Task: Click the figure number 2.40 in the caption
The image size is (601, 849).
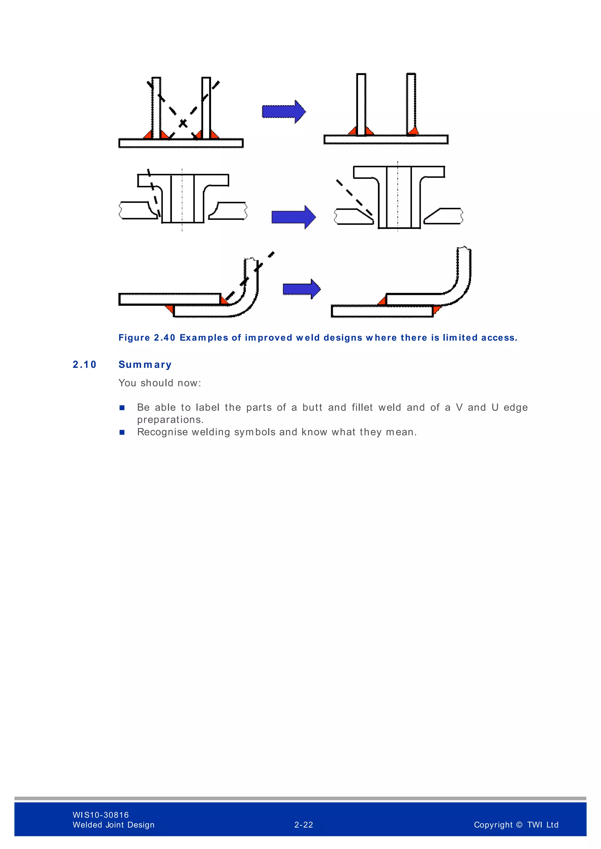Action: [164, 338]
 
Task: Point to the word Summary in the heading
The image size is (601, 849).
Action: [145, 365]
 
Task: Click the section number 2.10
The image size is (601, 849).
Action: [85, 365]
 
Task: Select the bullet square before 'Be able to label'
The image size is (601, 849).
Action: [122, 408]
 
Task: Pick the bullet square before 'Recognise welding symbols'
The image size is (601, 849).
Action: [122, 432]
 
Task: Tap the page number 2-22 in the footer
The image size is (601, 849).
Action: [303, 825]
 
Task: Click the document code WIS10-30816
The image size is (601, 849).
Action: [101, 815]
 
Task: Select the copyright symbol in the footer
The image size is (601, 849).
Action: [519, 825]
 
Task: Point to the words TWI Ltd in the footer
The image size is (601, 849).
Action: [543, 825]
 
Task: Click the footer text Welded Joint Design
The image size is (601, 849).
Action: [113, 825]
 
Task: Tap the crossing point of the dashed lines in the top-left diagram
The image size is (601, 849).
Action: [183, 123]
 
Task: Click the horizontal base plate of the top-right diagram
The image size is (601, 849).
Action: [386, 140]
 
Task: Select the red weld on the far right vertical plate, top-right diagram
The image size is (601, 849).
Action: [413, 130]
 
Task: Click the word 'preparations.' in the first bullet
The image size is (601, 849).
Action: [170, 420]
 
